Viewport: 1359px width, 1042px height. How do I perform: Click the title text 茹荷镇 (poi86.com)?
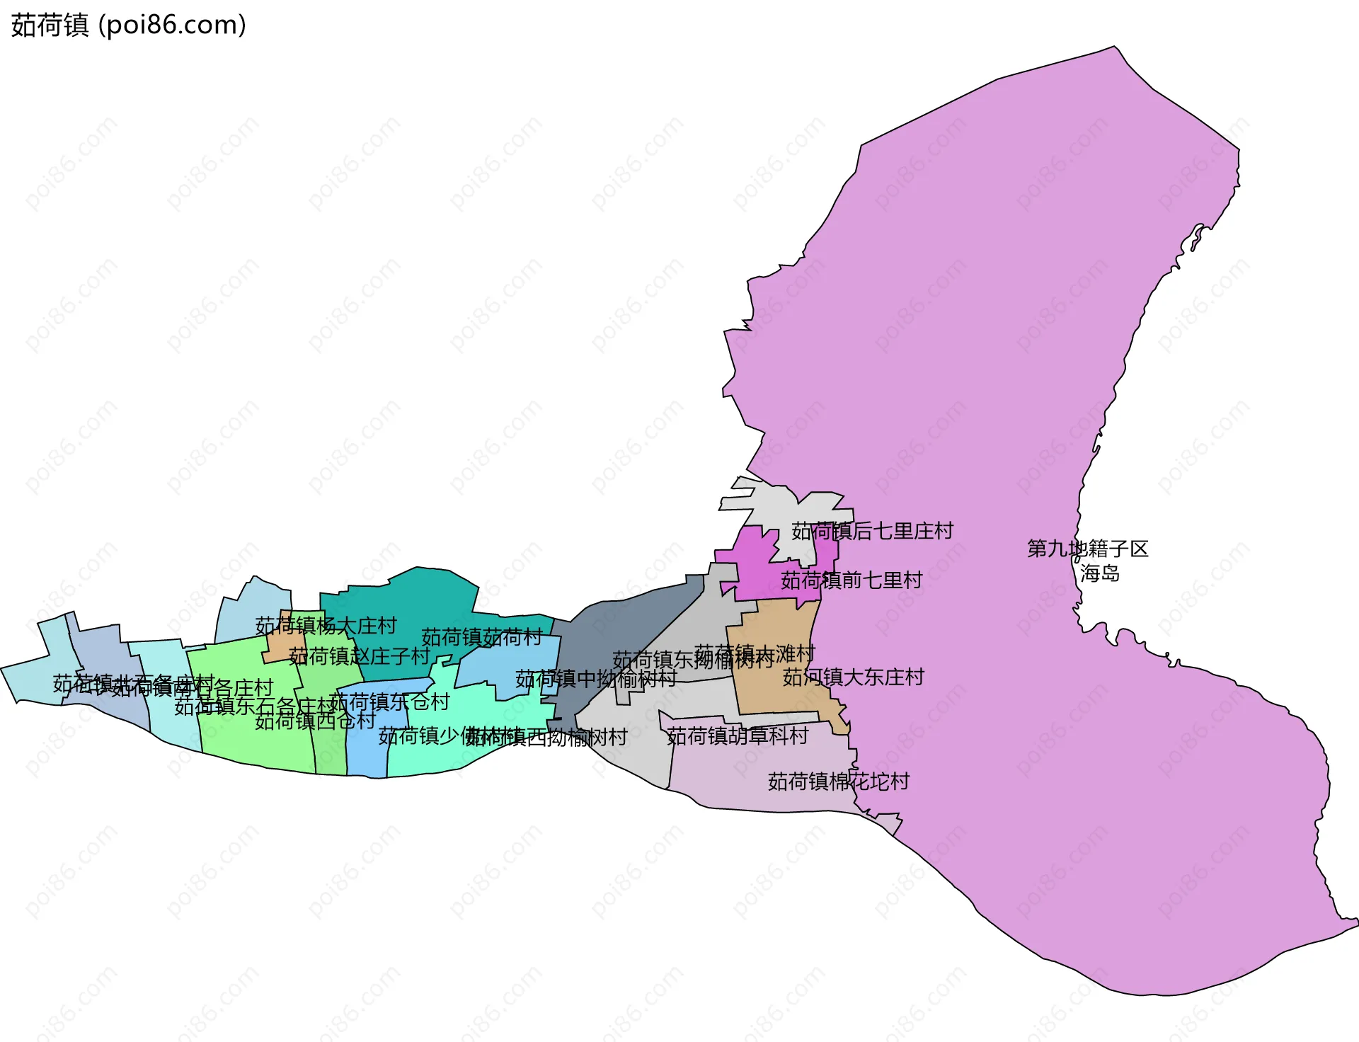128,25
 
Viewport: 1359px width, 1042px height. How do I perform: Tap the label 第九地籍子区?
1087,549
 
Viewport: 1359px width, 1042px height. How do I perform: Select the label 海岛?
1099,573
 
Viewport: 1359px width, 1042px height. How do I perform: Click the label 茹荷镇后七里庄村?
872,531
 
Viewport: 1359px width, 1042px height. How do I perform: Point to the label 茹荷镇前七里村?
851,580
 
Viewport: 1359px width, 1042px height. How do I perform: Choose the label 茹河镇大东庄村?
853,677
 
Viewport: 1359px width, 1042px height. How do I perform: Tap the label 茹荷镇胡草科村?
738,736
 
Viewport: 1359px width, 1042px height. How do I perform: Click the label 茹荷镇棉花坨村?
838,781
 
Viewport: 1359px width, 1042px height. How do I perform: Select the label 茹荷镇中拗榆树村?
596,679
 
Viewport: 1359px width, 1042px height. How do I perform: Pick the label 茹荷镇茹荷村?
481,637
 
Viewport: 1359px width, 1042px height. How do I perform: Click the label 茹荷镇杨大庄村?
326,626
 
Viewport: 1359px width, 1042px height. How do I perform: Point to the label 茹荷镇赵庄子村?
359,656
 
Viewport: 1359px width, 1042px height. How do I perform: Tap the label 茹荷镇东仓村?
389,702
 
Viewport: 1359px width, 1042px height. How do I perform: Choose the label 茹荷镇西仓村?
315,721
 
